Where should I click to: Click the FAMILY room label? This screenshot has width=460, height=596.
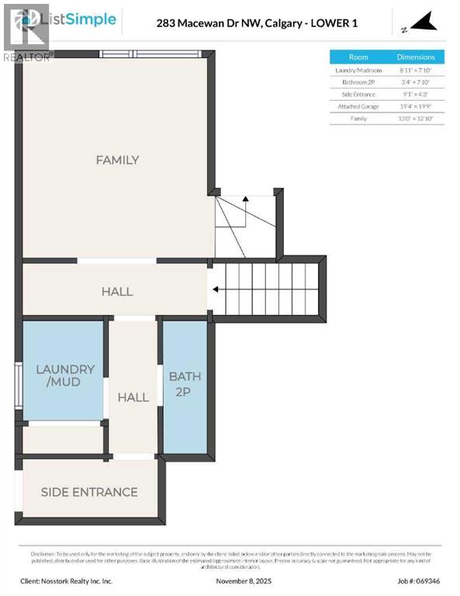[117, 160]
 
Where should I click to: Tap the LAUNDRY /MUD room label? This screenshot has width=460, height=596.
[65, 376]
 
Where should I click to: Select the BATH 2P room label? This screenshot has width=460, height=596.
[185, 384]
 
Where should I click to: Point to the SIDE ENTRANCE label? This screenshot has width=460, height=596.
[89, 492]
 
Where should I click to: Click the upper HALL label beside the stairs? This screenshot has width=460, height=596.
[117, 292]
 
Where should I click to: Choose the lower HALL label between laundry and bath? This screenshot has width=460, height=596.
[133, 397]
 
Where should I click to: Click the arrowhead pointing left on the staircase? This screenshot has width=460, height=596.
[215, 290]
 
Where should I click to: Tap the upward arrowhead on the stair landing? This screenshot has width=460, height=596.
[245, 199]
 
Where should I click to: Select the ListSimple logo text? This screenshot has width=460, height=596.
[81, 19]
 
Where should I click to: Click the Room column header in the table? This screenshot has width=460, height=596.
[358, 57]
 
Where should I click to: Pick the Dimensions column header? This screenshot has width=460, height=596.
[416, 57]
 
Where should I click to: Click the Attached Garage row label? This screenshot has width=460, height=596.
[358, 106]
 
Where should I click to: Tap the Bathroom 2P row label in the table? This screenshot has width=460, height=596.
[358, 81]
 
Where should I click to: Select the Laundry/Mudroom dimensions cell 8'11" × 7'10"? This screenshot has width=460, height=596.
[416, 70]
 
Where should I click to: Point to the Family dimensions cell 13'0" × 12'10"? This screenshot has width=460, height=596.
[416, 119]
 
